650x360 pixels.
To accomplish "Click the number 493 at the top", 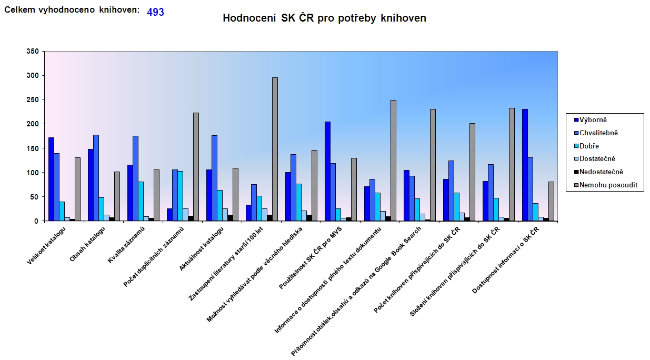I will click(155, 12).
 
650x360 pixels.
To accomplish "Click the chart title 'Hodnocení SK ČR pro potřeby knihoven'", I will click(324, 18).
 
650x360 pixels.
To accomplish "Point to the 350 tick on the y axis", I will click(33, 51).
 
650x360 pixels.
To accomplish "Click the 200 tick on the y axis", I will click(33, 124).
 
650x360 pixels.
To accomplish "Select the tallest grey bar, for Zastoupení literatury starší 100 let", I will click(275, 149).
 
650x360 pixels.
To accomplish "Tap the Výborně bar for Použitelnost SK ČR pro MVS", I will click(327, 171).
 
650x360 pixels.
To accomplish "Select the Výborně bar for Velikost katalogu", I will click(51, 179).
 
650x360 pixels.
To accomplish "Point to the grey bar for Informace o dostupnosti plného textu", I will click(393, 161).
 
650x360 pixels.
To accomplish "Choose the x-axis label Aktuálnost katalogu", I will click(203, 247).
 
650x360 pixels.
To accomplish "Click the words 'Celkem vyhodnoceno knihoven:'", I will click(72, 10).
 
